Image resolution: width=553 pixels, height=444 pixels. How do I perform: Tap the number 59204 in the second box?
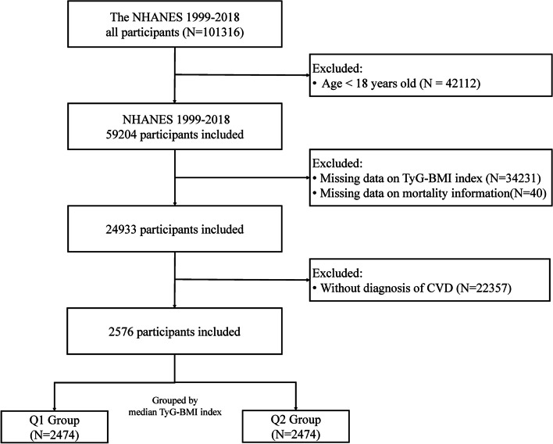click(121, 134)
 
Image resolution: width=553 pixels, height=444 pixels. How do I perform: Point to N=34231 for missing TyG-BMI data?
click(513, 178)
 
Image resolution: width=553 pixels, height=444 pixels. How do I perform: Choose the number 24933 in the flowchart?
click(121, 229)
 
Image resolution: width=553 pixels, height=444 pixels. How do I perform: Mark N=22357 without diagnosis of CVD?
click(483, 288)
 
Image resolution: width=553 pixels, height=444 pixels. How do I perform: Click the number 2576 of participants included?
click(121, 332)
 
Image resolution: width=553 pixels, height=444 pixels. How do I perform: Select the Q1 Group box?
click(55, 427)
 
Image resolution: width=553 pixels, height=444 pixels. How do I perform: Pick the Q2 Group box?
click(296, 426)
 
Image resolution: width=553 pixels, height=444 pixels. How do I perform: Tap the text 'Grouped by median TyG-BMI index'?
click(175, 406)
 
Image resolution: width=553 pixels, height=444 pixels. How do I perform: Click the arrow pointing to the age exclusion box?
click(242, 75)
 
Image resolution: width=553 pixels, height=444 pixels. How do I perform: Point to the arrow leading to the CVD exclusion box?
click(242, 280)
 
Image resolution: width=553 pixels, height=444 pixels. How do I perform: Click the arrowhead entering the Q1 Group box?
click(55, 407)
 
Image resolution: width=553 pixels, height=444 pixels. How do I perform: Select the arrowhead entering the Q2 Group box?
click(296, 407)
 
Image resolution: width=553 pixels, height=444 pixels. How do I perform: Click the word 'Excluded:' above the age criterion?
click(337, 68)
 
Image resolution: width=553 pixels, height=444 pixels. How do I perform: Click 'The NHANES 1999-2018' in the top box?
click(175, 17)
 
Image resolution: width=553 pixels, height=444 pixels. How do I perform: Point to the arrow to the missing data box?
click(242, 177)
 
